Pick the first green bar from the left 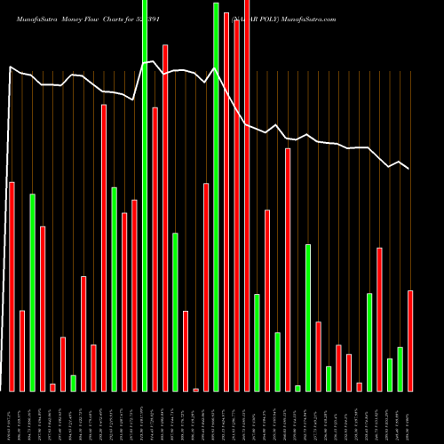pos(33,292)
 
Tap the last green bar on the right pos(400,369)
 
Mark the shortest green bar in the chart pos(298,388)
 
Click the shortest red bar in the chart pos(195,389)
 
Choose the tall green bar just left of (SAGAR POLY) pos(216,195)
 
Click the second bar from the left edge pos(22,351)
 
